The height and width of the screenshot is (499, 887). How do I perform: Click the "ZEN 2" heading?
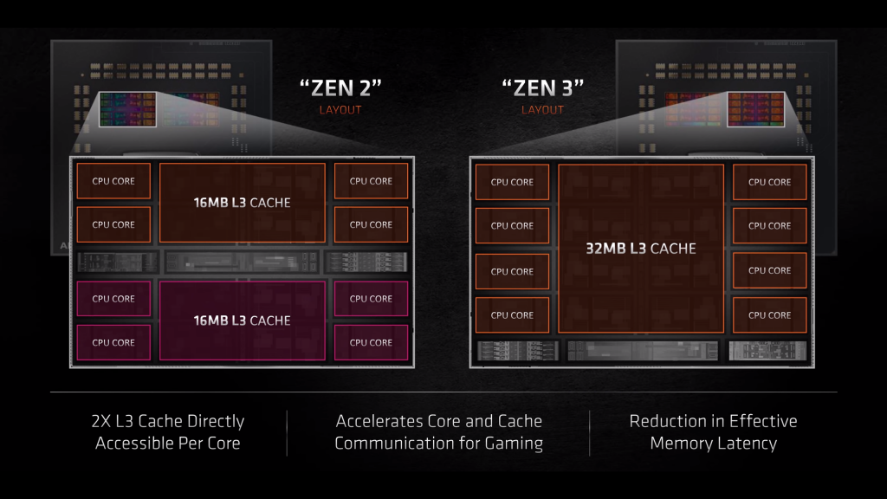(x=340, y=87)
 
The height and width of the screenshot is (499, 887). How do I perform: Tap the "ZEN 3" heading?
(x=543, y=87)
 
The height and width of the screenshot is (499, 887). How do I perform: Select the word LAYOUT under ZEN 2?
(x=340, y=110)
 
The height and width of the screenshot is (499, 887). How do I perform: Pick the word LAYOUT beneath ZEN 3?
(x=543, y=110)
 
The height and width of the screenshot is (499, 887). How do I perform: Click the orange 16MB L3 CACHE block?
(x=242, y=203)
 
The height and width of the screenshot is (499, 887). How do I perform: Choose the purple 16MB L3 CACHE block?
(x=242, y=320)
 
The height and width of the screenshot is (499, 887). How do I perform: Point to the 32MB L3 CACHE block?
(x=641, y=249)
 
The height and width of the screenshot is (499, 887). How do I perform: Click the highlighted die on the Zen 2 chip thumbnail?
(x=128, y=112)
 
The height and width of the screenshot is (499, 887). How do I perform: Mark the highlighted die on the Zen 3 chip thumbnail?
(x=754, y=112)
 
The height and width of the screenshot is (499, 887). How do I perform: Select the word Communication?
(x=395, y=444)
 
